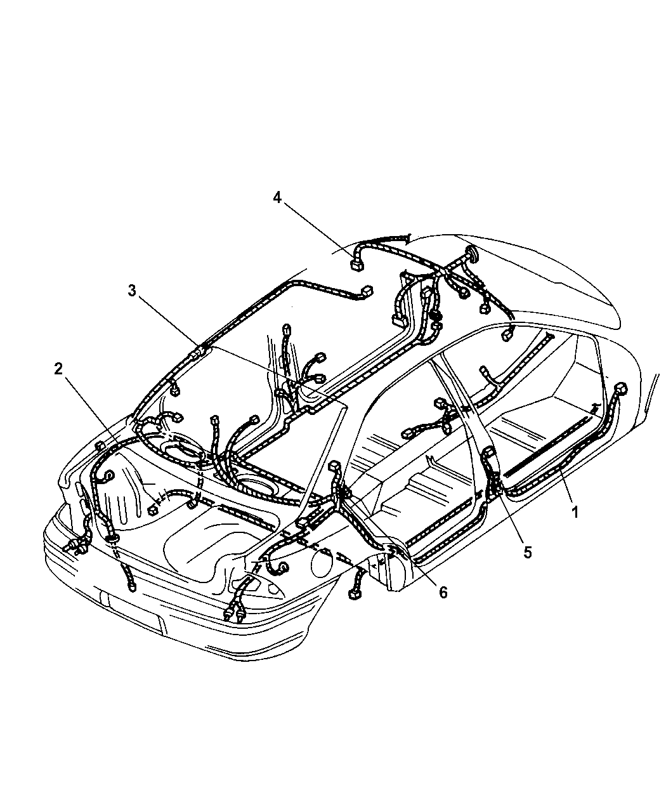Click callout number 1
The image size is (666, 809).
[575, 512]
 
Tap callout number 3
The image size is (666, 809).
[131, 291]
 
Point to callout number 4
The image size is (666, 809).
[277, 197]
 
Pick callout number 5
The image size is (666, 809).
[528, 551]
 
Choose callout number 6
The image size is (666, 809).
[443, 592]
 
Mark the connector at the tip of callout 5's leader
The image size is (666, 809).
[490, 454]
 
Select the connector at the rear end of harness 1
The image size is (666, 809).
[621, 388]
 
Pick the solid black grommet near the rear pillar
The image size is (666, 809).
[435, 315]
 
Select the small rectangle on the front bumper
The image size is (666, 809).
[103, 598]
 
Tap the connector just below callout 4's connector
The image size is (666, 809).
[367, 293]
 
